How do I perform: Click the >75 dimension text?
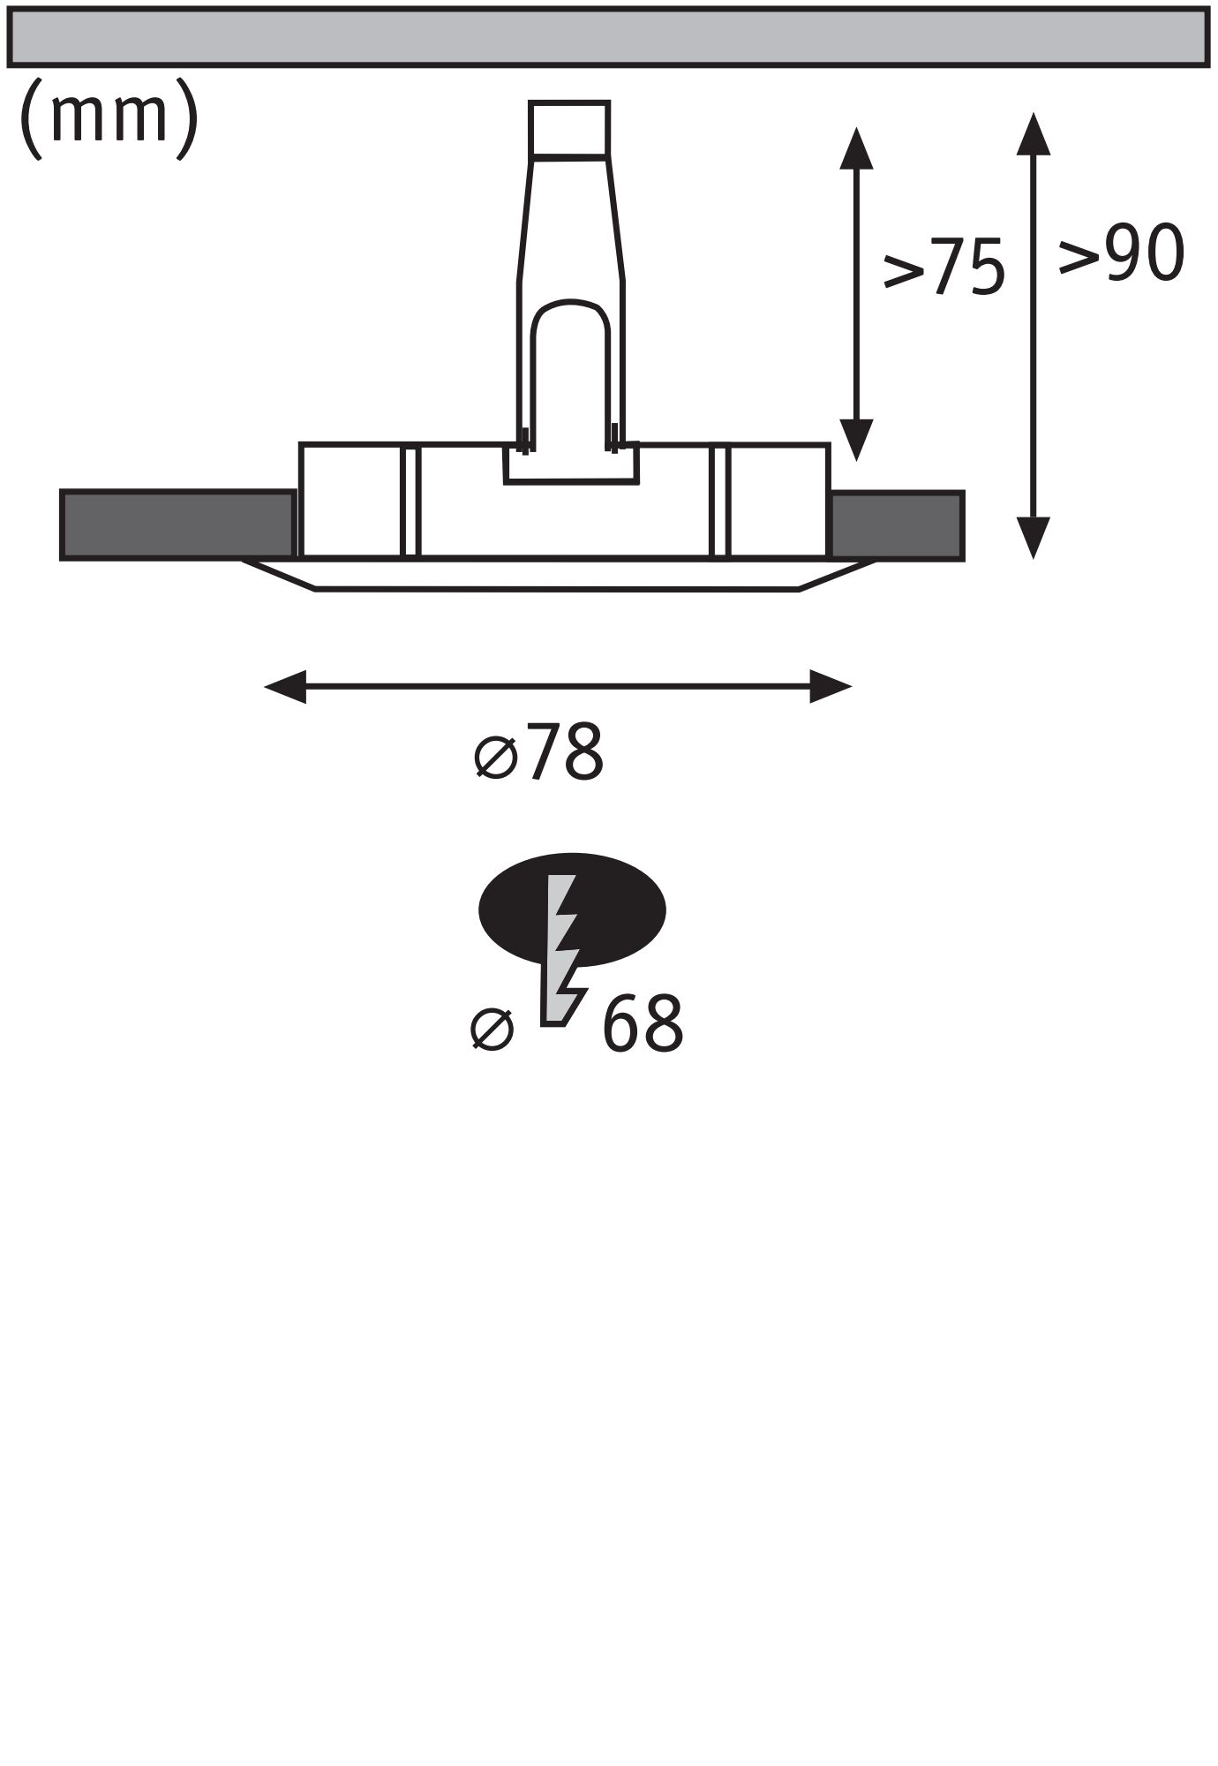point(944,266)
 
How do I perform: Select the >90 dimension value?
point(1121,253)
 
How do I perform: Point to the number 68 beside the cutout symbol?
point(643,1023)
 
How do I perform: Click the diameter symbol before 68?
point(492,1029)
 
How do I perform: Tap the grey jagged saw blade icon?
point(562,954)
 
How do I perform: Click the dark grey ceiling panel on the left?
point(177,525)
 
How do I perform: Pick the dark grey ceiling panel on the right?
point(897,525)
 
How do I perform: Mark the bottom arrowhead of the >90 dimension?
point(1033,538)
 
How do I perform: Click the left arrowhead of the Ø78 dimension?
point(285,686)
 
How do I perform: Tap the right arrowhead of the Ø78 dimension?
point(830,686)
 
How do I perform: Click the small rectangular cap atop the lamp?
point(568,129)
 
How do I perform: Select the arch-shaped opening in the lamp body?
point(570,371)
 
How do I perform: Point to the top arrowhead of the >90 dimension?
point(1033,133)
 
